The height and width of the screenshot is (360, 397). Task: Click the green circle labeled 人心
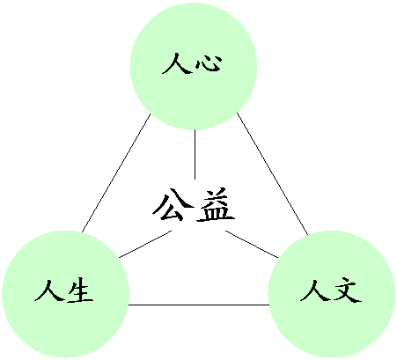coord(194,66)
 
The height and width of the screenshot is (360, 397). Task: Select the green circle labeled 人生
coord(66,294)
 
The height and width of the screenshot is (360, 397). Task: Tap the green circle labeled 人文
coord(332,294)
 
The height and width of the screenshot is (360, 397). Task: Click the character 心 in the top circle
coord(209,62)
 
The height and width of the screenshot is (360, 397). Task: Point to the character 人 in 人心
coord(176,63)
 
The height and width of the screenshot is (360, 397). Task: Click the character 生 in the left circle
coord(80,291)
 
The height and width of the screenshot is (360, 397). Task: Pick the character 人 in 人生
coord(49,290)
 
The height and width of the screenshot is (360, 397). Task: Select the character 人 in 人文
coord(315,290)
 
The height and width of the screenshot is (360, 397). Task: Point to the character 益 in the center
coord(216,204)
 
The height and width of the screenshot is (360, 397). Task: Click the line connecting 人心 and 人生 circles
coord(116,173)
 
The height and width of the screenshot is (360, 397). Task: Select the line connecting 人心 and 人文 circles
coord(273,174)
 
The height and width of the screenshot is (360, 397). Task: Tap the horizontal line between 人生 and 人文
coord(199,305)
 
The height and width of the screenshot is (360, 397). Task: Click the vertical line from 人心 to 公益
coord(195,154)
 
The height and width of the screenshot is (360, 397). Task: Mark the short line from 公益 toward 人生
coord(145,245)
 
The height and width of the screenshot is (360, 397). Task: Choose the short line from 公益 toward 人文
coord(252,245)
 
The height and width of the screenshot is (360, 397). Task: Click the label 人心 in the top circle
coord(192,63)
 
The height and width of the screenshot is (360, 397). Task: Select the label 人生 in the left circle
coord(64,290)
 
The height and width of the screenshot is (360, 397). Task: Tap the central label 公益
coord(194,204)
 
